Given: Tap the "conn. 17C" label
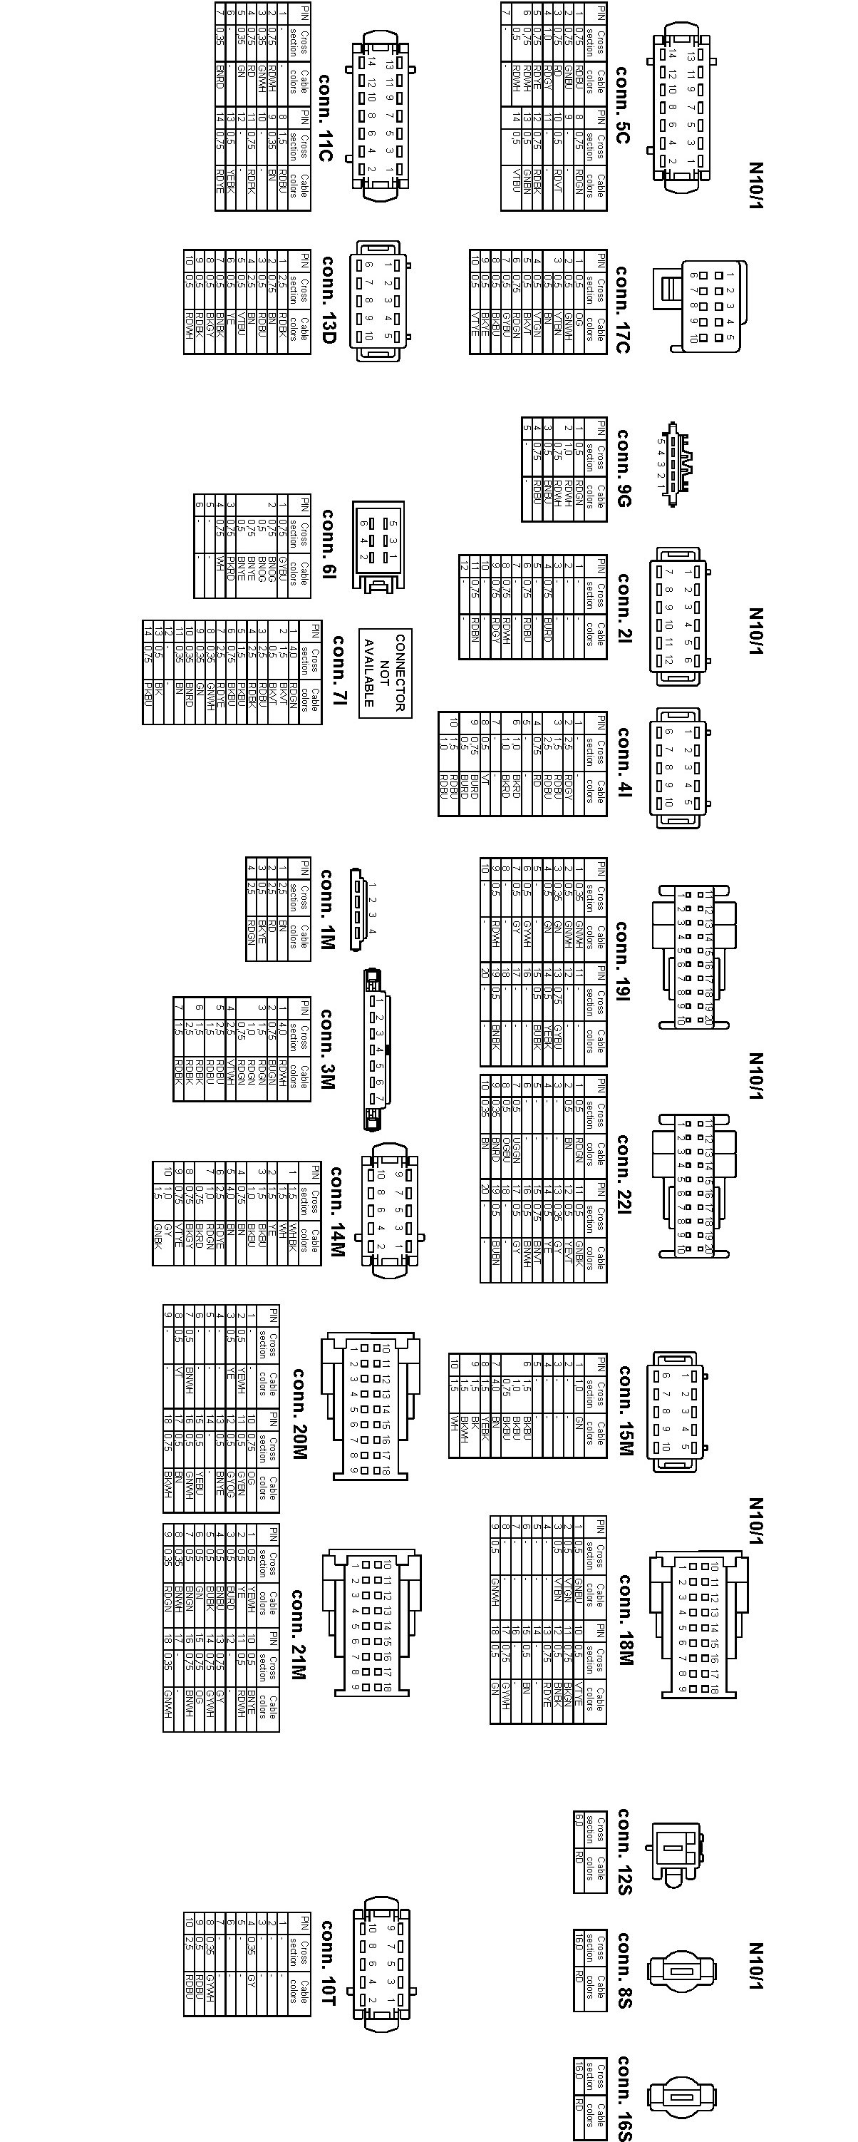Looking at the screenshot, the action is click(622, 309).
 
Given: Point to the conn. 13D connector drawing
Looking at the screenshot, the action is click(381, 301).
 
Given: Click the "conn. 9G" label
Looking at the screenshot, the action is click(623, 467).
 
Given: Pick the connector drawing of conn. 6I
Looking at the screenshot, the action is click(378, 545).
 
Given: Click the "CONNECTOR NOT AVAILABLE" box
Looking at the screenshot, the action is click(384, 672).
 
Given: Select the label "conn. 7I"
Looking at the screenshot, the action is click(338, 672).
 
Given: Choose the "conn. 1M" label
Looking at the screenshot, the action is click(326, 909).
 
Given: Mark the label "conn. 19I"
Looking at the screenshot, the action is click(622, 960).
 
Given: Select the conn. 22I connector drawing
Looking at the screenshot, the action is click(695, 1186).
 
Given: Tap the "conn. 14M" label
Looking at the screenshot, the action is click(336, 1211).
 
